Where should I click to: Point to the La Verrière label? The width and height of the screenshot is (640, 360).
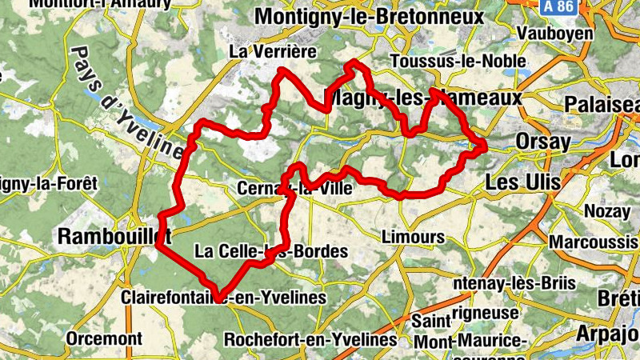(273, 51)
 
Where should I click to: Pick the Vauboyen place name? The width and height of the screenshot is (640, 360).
(555, 33)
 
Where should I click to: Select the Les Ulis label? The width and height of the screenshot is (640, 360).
(522, 183)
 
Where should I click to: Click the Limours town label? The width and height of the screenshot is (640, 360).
(413, 237)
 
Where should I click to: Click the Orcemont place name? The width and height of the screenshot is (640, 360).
(104, 338)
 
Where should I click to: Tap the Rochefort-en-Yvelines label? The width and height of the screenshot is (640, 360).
(310, 339)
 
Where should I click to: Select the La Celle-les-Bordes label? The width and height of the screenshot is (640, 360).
(272, 251)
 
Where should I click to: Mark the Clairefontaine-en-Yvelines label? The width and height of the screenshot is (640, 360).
(224, 298)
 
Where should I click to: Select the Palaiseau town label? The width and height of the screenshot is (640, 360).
(603, 105)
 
